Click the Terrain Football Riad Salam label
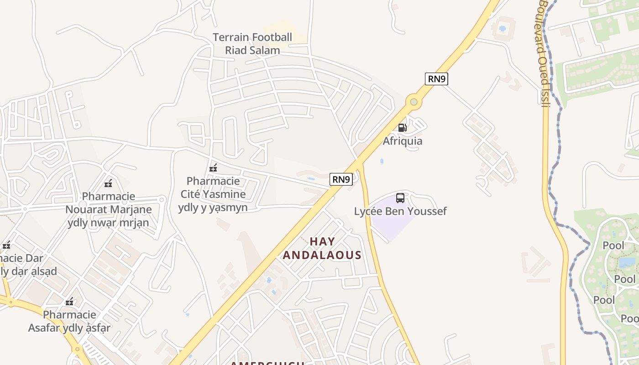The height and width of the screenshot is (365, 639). point(252,44)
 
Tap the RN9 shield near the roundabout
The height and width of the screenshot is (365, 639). point(436,79)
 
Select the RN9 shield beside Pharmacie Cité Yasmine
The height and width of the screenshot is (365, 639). point(341,179)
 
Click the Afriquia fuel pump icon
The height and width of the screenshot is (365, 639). point(402,128)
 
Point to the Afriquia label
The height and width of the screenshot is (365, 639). point(402,141)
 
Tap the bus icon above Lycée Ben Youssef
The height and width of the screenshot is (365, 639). point(400,198)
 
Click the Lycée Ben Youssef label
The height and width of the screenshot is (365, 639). point(400,211)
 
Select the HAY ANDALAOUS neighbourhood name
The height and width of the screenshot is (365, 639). point(322,248)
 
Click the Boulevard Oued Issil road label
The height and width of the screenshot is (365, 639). point(543,52)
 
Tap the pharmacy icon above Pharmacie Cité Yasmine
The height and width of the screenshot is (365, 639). point(213,168)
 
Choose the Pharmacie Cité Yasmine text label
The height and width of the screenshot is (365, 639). point(213,194)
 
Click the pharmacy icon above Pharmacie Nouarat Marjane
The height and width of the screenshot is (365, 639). point(108,184)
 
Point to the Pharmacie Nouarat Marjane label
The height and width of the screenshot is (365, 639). point(109,209)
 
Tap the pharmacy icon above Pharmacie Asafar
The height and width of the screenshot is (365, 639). point(69,302)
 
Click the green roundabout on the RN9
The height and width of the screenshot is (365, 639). point(414,102)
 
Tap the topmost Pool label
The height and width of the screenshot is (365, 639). point(613,245)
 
